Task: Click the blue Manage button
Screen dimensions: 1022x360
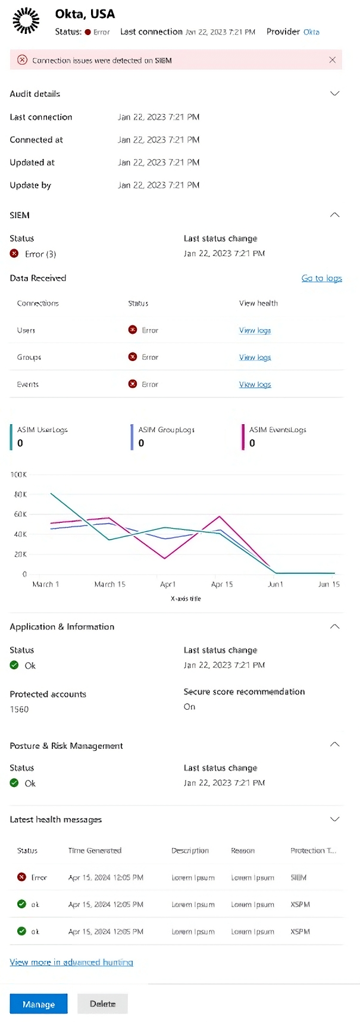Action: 39,1004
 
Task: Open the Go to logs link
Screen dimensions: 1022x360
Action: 321,278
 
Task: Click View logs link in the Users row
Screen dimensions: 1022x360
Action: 255,330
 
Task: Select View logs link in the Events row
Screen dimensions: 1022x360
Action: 255,384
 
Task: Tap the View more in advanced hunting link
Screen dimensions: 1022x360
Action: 71,962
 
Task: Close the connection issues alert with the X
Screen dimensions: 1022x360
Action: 332,60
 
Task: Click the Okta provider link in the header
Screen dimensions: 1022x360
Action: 311,32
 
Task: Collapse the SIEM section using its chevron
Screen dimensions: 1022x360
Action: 334,215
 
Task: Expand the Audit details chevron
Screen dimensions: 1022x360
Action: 334,93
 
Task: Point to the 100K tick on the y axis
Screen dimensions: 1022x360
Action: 18,475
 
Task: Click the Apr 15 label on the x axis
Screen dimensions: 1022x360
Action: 222,584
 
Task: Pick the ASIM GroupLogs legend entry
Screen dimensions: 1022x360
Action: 166,430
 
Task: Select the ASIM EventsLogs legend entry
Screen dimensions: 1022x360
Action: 277,430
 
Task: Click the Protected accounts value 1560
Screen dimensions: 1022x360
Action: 19,709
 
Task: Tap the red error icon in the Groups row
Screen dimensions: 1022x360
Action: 133,357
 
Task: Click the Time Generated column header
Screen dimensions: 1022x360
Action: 95,851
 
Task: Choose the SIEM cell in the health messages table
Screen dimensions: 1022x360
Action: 299,877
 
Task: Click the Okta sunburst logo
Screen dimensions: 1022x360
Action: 26,21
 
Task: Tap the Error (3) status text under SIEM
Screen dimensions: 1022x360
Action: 40,254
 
